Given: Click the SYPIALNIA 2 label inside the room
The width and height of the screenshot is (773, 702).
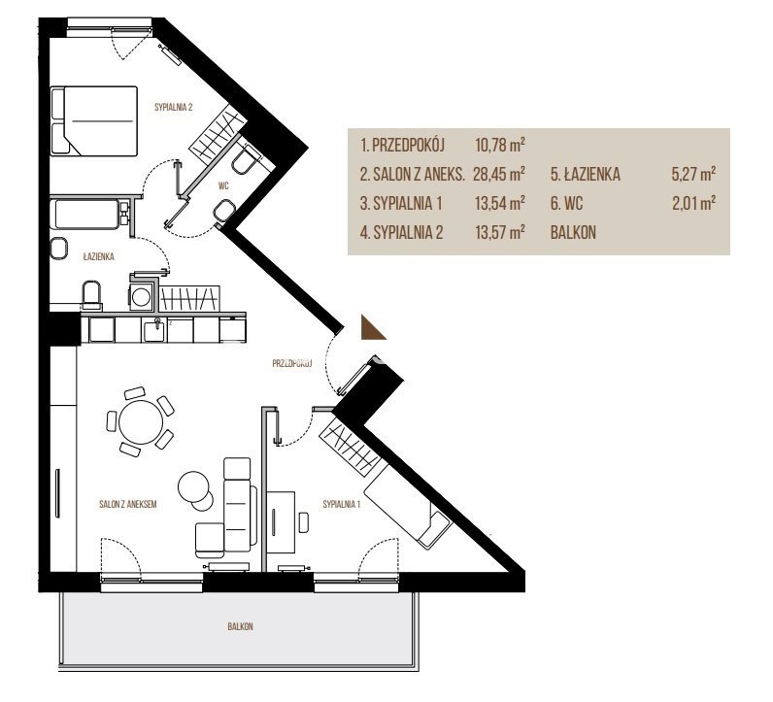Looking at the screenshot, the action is [173, 107].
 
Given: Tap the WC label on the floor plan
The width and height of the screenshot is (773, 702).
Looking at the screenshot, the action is [223, 185].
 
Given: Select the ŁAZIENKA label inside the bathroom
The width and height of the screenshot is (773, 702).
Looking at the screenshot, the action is [99, 256].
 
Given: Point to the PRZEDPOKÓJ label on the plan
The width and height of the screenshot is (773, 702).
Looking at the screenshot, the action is [292, 364].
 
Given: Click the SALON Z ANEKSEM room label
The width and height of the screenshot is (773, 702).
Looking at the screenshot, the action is [128, 504].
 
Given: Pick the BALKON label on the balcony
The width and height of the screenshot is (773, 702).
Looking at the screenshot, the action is [241, 626].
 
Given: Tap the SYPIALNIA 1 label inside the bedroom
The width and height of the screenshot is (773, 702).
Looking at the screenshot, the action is [342, 504].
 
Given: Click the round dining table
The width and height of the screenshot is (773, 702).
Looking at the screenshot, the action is [141, 422].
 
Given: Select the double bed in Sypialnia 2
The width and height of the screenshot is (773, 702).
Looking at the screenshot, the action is [94, 121].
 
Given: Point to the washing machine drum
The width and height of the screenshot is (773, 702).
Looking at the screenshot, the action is [142, 297].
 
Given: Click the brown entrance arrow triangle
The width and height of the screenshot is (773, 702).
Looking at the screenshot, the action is [371, 329].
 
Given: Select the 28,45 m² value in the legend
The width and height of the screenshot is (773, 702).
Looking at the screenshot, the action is [499, 174].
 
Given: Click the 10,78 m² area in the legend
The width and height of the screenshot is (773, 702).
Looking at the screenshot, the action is [499, 146].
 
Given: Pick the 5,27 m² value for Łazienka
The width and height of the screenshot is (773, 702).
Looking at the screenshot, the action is [693, 174].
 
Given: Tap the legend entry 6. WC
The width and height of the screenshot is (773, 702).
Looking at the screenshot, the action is [566, 203].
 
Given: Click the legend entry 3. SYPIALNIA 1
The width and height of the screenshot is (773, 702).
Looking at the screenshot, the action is [401, 203].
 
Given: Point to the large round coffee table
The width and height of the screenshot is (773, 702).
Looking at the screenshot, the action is [192, 486].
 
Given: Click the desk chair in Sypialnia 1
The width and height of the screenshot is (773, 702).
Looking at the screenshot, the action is [304, 522].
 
